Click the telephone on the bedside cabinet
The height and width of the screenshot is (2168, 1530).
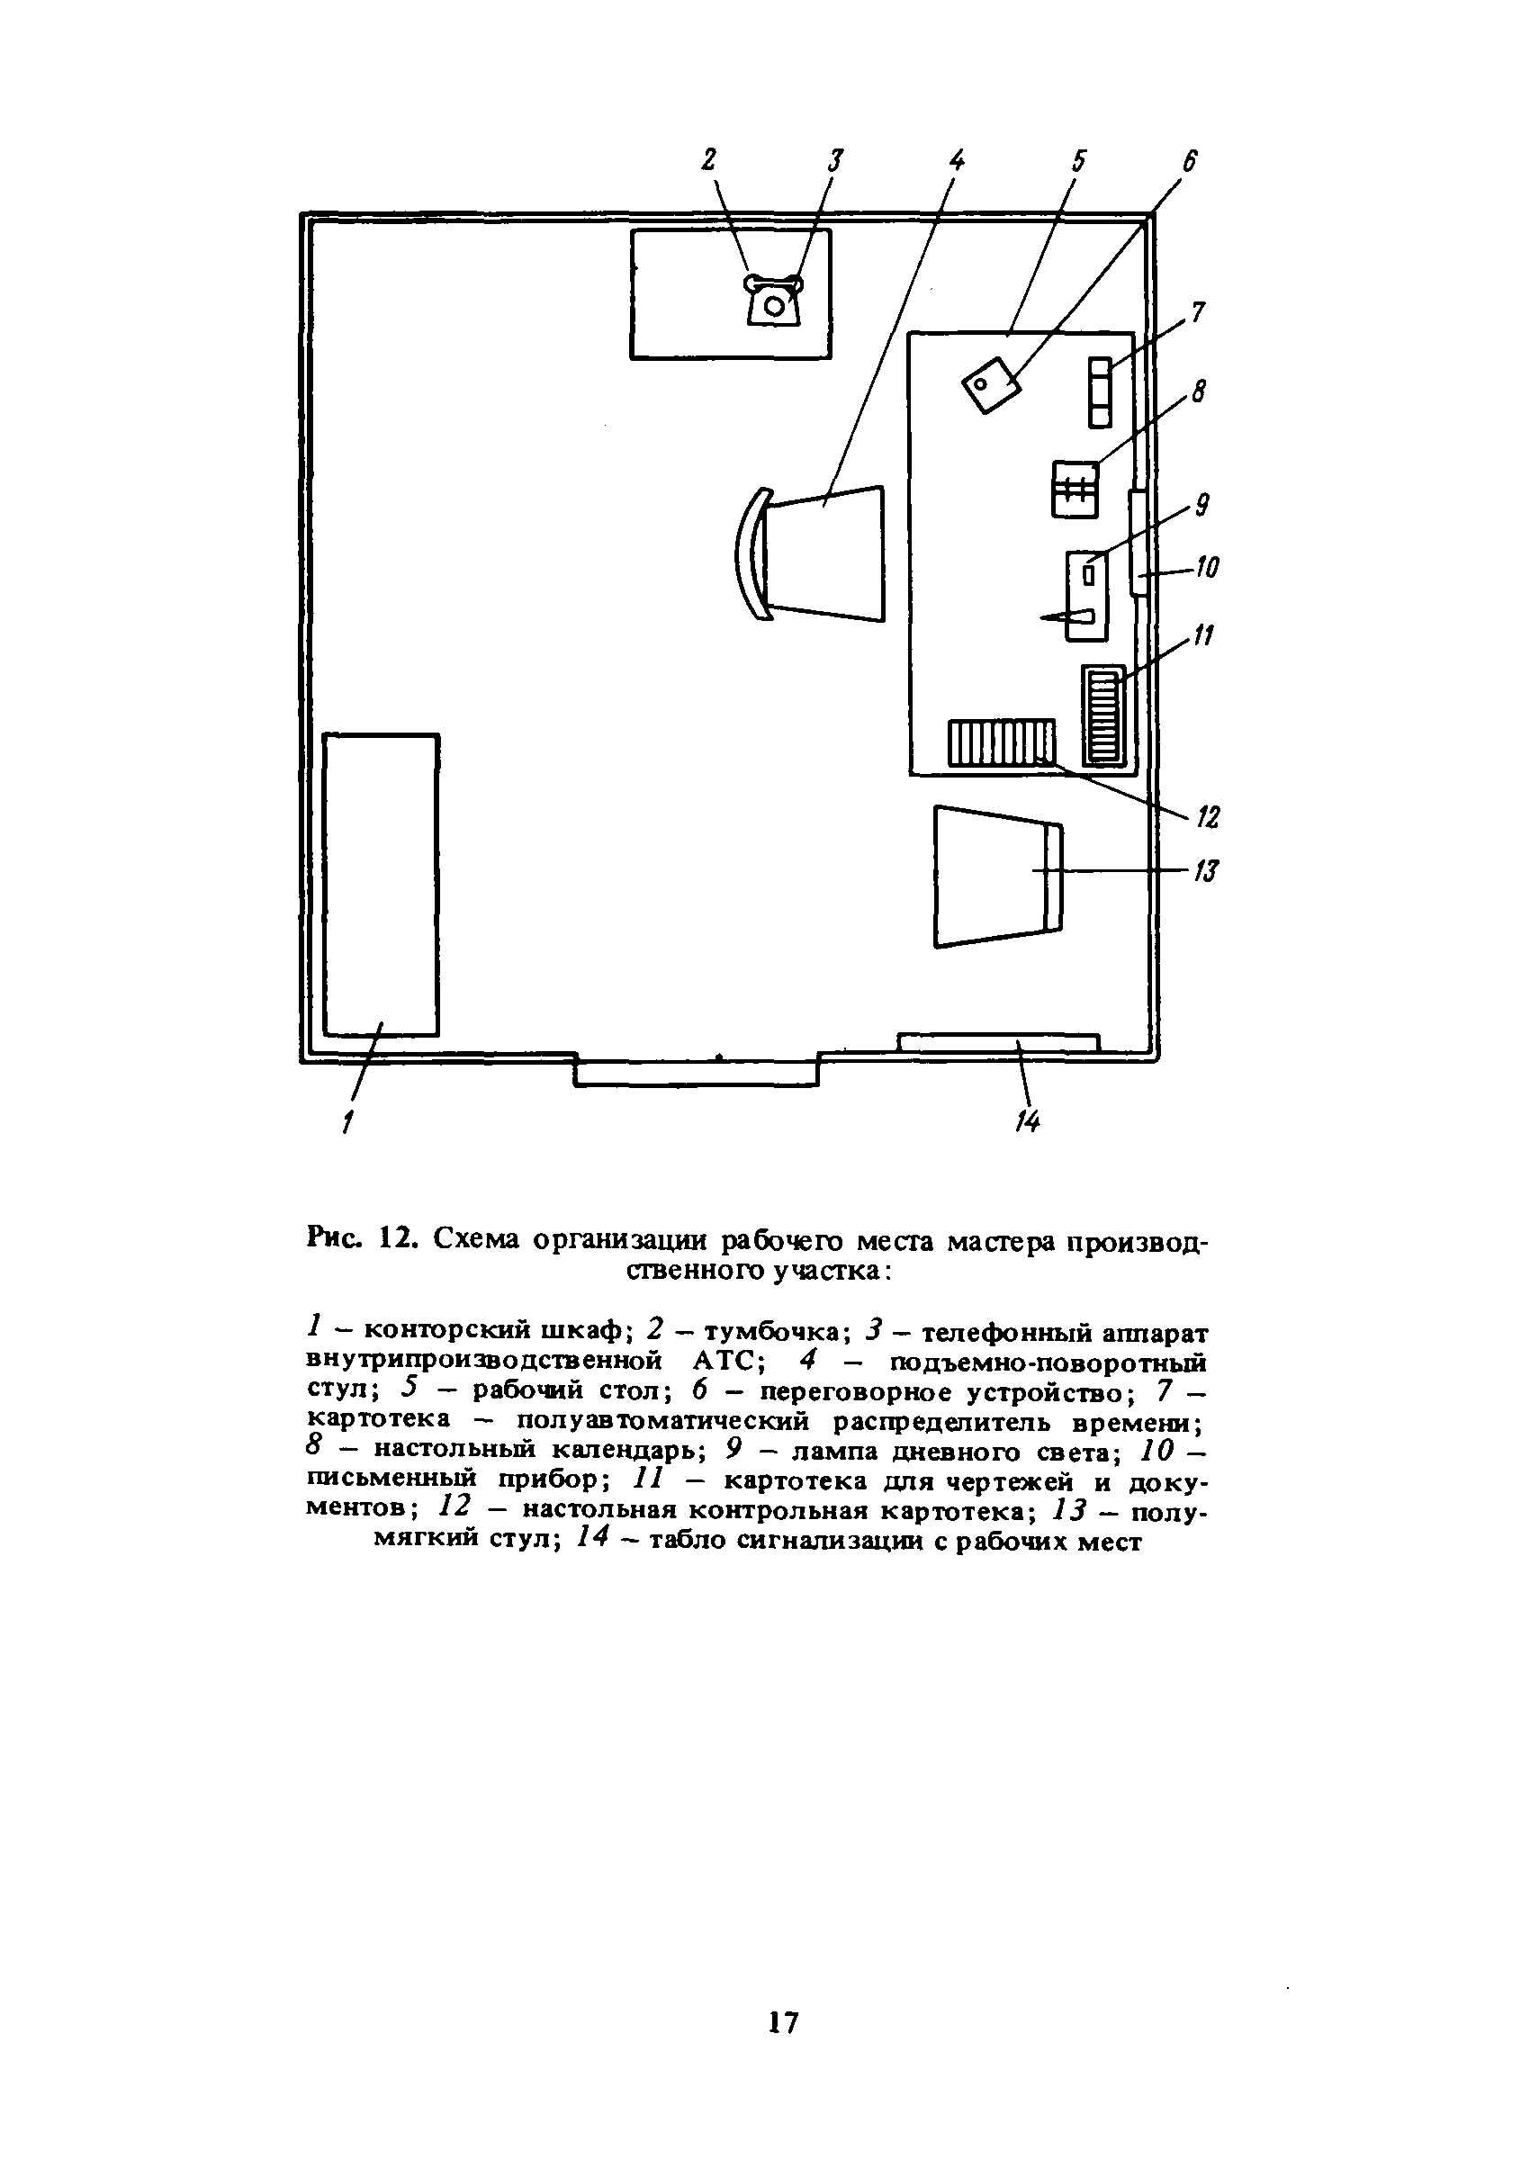(x=773, y=301)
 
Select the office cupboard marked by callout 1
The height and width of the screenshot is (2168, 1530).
(x=381, y=884)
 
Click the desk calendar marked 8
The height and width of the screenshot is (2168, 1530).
(x=1075, y=489)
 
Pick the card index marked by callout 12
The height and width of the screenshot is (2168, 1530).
(x=1001, y=742)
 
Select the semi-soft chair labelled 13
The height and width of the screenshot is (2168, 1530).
(x=996, y=876)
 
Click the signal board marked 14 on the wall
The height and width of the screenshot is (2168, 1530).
(x=998, y=1042)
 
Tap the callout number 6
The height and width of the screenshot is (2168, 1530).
(x=1188, y=162)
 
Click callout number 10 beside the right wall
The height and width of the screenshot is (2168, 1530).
(x=1206, y=568)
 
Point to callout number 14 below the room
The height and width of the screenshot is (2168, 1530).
(x=1028, y=1120)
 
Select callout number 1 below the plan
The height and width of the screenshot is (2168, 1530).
(x=347, y=1121)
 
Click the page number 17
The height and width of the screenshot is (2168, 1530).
(x=783, y=2021)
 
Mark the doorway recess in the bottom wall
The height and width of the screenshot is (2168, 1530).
(x=696, y=1072)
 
